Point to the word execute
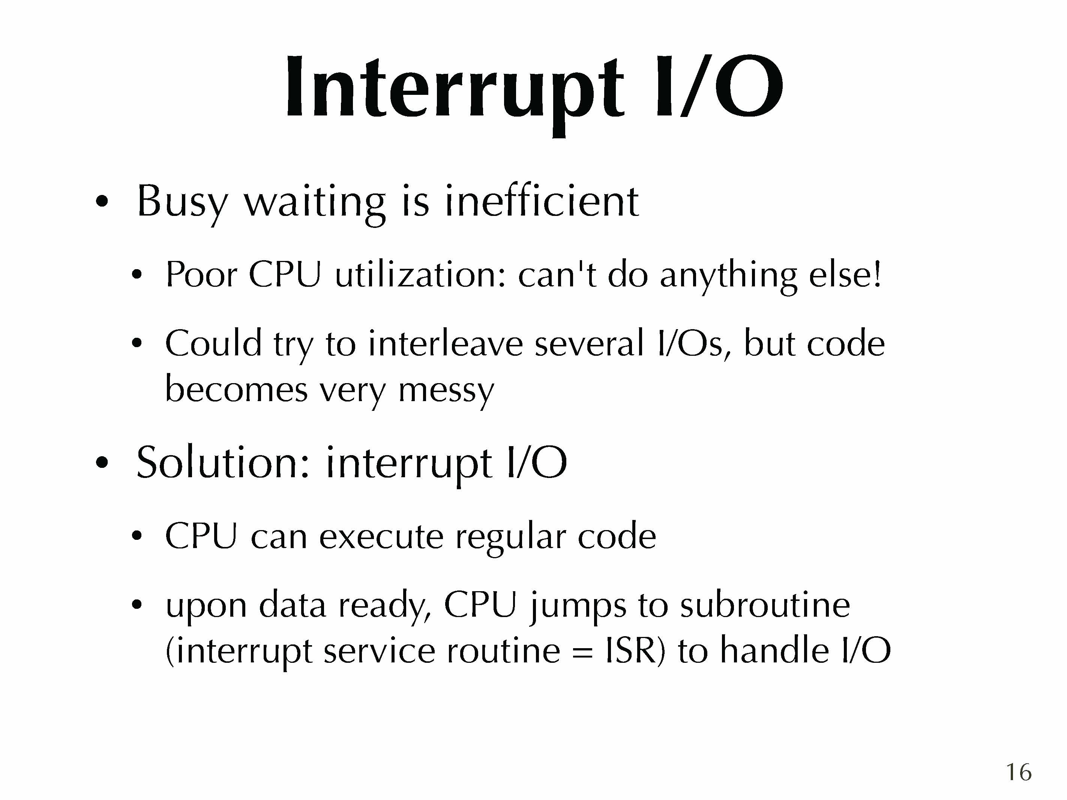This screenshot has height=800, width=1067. click(x=381, y=537)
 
